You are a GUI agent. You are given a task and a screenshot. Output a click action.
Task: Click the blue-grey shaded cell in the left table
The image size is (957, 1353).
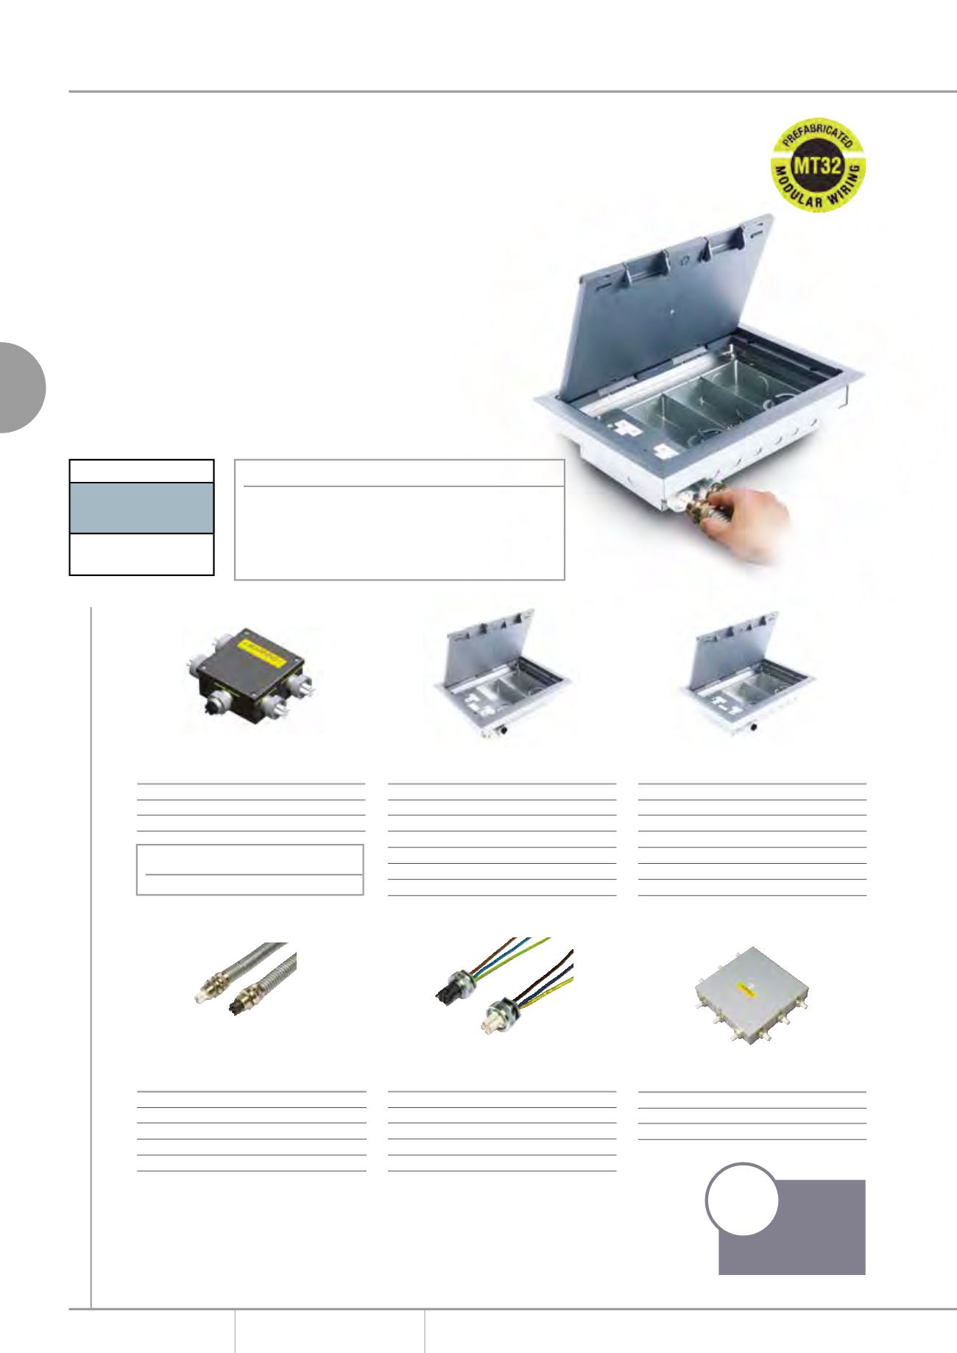click(x=141, y=508)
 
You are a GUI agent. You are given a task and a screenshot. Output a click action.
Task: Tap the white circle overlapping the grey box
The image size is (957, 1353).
click(x=743, y=1199)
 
